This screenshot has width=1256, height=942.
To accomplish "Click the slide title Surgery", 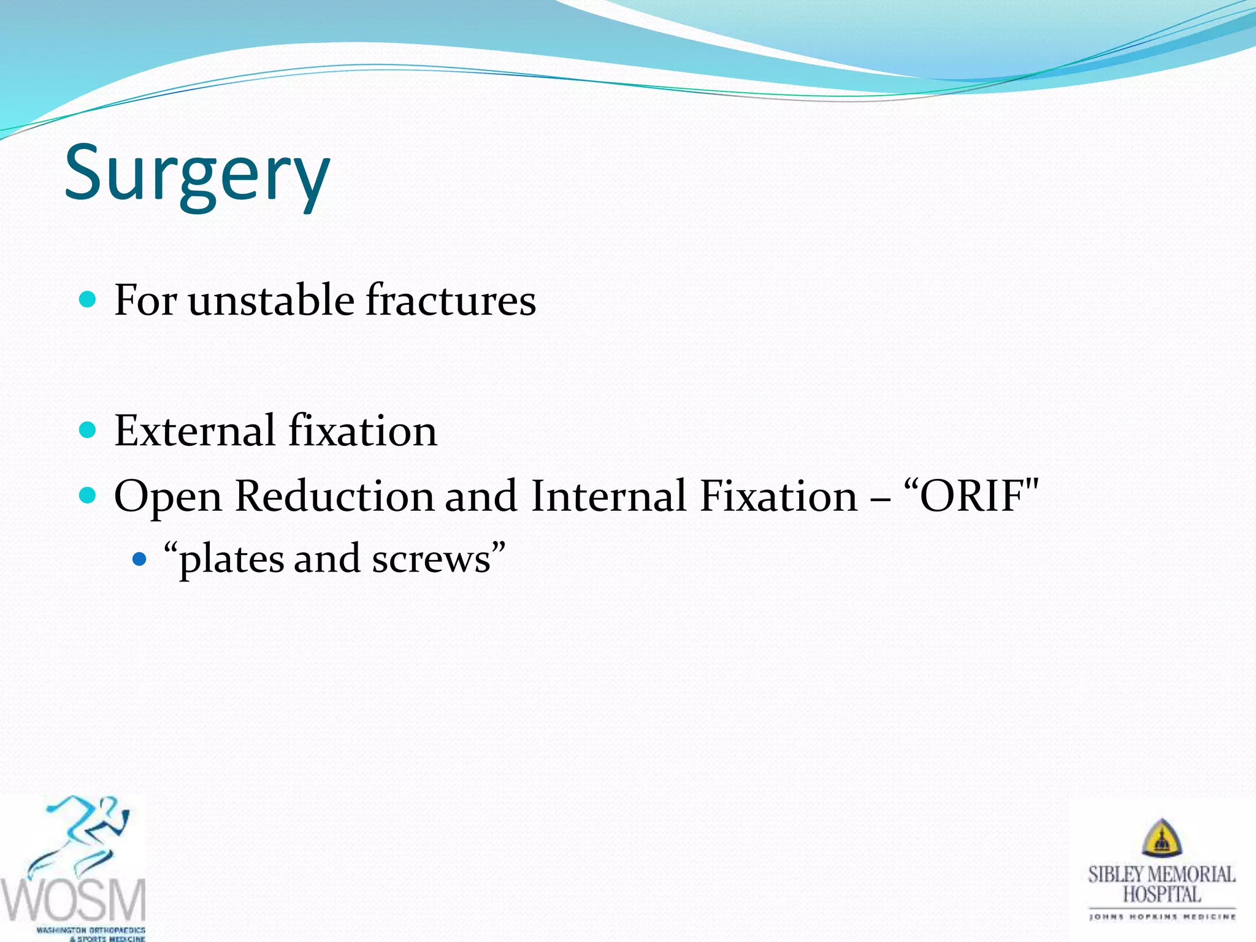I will (x=197, y=174).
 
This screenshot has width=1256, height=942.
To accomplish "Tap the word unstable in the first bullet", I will (x=270, y=301).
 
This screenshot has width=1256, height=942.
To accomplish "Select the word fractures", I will (x=451, y=301).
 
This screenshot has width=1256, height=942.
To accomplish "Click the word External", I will (x=194, y=431).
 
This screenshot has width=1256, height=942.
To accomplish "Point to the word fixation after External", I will (x=362, y=431).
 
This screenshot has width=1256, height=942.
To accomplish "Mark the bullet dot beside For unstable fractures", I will (x=88, y=300).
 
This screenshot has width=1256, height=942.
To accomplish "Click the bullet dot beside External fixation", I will (x=88, y=430).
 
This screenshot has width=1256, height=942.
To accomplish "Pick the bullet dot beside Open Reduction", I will (x=88, y=495).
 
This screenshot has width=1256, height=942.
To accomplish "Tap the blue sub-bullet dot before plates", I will (x=140, y=559).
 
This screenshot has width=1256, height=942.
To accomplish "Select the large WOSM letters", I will (x=74, y=900).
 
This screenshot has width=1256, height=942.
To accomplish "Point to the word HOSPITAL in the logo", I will (x=1162, y=895).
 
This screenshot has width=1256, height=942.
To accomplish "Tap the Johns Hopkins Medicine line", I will (x=1162, y=917).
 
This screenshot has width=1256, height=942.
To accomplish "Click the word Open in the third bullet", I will (x=167, y=497).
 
